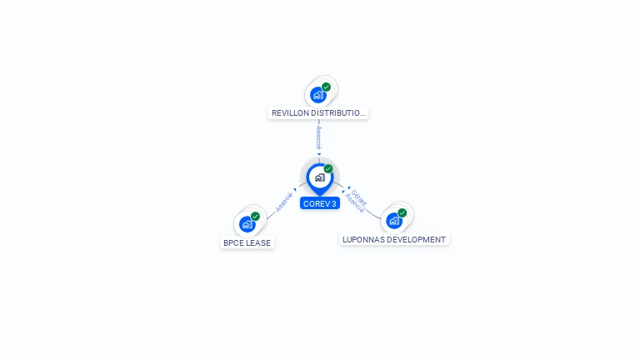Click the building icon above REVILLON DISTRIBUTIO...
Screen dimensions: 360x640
pos(318,95)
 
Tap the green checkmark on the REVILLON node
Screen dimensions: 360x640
pos(327,87)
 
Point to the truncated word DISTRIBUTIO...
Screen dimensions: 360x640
pos(339,112)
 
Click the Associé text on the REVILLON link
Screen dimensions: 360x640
pos(319,137)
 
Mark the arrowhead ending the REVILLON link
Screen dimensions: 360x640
pos(319,154)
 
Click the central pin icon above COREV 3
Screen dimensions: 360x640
pos(319,177)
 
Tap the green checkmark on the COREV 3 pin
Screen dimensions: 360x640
pos(328,168)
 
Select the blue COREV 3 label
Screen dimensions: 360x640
pos(320,203)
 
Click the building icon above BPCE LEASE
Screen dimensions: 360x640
pos(247,224)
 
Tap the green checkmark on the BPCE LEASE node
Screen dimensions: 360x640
pos(256,216)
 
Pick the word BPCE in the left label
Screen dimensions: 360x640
pos(233,243)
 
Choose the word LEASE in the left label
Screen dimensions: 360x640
pos(258,243)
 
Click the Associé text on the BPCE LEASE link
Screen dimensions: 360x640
pos(283,202)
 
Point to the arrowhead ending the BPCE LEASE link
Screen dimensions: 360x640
pos(295,190)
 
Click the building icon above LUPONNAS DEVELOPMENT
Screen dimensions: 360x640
pos(394,221)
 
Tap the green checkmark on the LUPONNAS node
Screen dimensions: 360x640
pos(402,212)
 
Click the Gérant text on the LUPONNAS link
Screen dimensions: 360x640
pos(359,197)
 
